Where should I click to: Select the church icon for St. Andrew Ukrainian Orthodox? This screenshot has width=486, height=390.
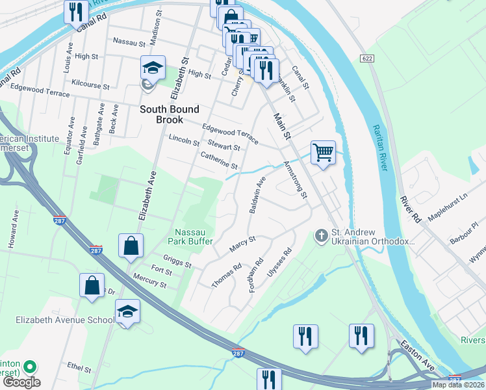(x=321, y=235)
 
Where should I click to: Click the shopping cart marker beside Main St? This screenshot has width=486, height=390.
(x=323, y=153)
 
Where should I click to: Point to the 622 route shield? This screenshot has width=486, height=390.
(x=368, y=58)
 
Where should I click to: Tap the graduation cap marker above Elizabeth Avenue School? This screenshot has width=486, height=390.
(x=128, y=313)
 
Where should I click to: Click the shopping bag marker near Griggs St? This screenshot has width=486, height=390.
(x=131, y=247)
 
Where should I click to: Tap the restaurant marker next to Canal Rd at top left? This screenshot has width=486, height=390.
(x=76, y=12)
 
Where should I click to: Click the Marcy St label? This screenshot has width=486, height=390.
(x=243, y=244)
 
